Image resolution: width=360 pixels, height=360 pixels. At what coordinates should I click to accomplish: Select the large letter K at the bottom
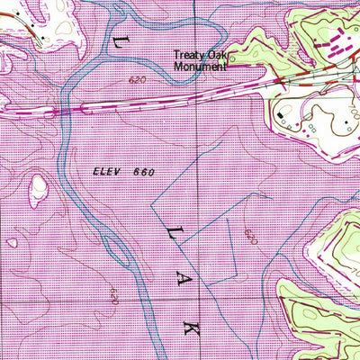pyautogui.click(x=190, y=330)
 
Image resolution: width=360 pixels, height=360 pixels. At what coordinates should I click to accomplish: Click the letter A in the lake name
pyautogui.click(x=179, y=281)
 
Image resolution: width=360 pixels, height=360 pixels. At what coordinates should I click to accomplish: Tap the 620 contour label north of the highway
pyautogui.click(x=137, y=80)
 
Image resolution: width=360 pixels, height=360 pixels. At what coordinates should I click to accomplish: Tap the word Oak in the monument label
pyautogui.click(x=216, y=54)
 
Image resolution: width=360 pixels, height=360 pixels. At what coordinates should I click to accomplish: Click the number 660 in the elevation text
pyautogui.click(x=142, y=171)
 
